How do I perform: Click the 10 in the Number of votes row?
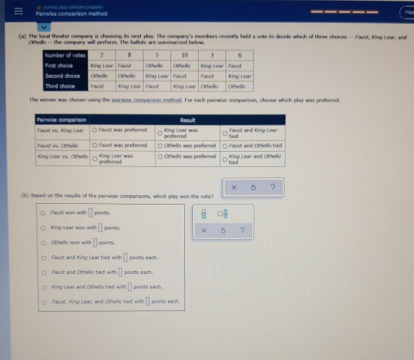(186, 54)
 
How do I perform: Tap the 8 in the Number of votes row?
(130, 54)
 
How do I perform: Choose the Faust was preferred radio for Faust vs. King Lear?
(95, 131)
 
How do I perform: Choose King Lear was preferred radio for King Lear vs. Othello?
(95, 158)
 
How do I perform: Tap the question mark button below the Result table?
(272, 187)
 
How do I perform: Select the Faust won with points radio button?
(44, 213)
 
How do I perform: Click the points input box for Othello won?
(95, 243)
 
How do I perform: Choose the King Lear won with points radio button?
(44, 228)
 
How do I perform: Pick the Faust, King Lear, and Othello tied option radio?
(44, 301)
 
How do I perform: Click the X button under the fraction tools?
(204, 231)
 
